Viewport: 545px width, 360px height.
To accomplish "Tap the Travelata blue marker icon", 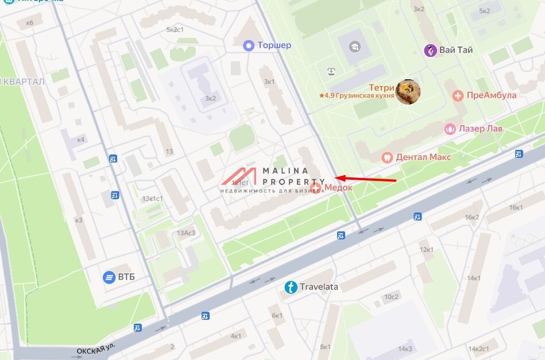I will coord(291,287).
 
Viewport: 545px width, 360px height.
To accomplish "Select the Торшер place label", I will coord(274,45).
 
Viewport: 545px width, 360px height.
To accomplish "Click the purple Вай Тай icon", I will coord(431,50).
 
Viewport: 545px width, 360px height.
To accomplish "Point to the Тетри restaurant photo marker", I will coord(408,91).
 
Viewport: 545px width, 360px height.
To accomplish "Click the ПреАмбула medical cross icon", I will coord(458,95).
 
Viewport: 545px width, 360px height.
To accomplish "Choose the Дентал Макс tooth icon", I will coord(387,157).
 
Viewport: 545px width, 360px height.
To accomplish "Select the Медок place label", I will coord(338,188).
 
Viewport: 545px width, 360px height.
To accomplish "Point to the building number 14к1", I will coord(474,278).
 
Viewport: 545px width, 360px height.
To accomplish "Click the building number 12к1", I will coord(426,250).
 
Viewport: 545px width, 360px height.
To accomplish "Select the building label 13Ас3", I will coord(186,233).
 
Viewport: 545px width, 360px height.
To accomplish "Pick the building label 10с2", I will coord(391,296).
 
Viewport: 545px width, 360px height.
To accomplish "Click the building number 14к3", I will coord(405,349).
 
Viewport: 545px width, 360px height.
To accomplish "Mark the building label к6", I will coord(30,22).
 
